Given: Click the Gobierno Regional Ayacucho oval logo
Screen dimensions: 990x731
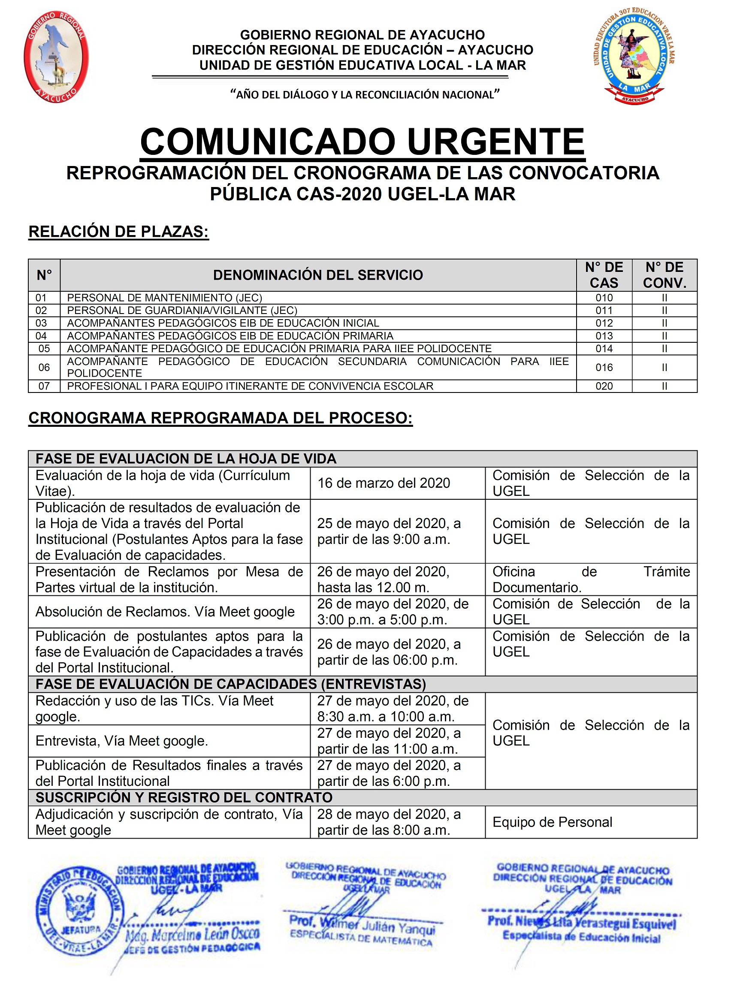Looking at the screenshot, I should click(x=56, y=57).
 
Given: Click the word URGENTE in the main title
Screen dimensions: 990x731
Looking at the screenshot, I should click(x=495, y=142).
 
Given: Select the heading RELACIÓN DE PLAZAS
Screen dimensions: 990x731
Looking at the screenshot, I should click(x=118, y=232).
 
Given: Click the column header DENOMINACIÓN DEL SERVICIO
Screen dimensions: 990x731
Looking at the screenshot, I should click(x=318, y=275).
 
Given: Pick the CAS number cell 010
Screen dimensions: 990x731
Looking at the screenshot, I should click(x=604, y=298).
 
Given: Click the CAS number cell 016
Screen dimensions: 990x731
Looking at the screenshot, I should click(x=604, y=367).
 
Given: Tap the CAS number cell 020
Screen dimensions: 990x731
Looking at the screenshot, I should click(x=604, y=386).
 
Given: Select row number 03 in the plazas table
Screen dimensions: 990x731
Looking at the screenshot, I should click(x=41, y=323).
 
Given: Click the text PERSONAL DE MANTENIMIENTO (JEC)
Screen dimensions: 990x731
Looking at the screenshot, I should click(x=165, y=298).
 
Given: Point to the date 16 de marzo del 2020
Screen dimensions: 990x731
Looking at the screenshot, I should click(x=383, y=483).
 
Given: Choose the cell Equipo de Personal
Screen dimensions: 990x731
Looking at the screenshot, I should click(x=552, y=822).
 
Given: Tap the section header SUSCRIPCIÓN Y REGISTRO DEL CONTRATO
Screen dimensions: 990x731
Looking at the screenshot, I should click(x=184, y=797).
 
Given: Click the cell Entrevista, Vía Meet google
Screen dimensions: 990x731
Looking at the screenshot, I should click(x=122, y=741).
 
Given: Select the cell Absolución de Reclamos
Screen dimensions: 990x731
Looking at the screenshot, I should click(x=165, y=612).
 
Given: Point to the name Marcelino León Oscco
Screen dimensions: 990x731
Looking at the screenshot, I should click(x=193, y=935).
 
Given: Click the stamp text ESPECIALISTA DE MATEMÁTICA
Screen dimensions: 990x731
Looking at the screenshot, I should click(x=361, y=938).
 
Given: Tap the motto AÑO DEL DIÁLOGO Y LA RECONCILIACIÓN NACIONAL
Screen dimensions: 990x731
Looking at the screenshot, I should click(x=365, y=95).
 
